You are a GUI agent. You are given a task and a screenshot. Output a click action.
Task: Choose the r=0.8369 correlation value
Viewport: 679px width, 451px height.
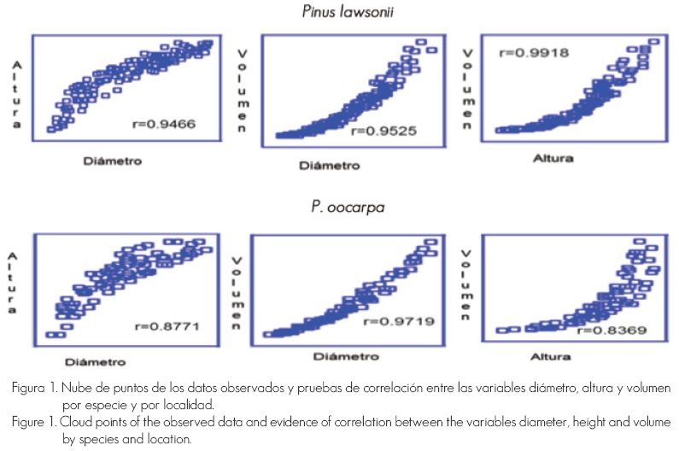click(606, 330)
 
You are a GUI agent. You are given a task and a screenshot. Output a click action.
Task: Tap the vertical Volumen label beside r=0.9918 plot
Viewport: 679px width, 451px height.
click(467, 87)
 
